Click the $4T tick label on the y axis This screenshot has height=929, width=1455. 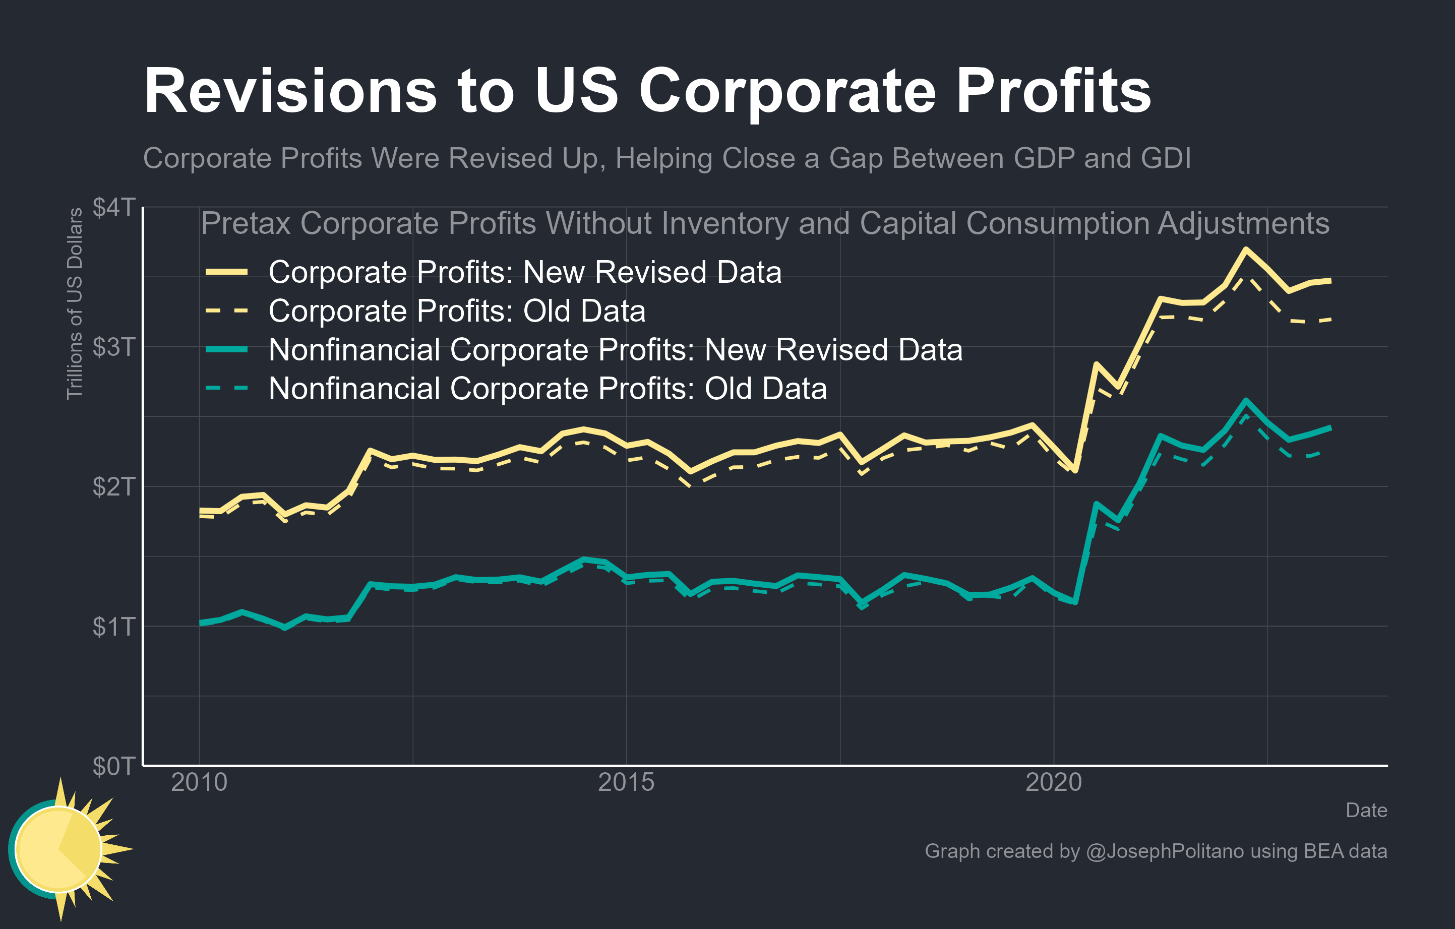pos(113,207)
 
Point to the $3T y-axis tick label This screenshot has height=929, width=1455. pos(113,347)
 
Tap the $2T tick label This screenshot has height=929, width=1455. pos(113,487)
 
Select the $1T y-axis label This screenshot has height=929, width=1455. pos(113,627)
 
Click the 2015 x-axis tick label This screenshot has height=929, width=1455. pos(626,783)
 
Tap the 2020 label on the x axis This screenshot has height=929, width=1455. pos(1053,783)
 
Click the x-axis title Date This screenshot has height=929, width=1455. pos(1366,811)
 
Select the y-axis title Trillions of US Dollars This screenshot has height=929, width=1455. pos(74,303)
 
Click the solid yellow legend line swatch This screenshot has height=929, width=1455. pos(226,272)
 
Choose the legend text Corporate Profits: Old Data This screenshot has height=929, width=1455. pos(457,311)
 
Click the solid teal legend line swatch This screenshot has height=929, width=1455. pos(226,350)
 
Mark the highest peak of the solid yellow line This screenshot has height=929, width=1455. pos(1245,249)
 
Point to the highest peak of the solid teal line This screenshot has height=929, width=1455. pos(1245,400)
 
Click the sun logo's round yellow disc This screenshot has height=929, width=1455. pos(58,849)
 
